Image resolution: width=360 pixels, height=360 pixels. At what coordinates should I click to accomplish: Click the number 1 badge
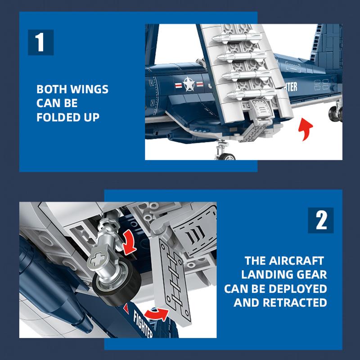(x=41, y=42)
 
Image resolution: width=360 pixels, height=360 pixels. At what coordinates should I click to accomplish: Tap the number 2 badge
(x=321, y=220)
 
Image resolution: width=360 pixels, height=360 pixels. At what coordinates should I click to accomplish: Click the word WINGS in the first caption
(x=89, y=89)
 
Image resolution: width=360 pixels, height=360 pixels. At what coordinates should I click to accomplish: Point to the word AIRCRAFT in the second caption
(x=296, y=261)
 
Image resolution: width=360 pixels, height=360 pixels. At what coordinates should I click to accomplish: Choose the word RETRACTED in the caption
(x=295, y=302)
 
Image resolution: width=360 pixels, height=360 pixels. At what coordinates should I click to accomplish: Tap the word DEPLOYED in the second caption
(x=295, y=288)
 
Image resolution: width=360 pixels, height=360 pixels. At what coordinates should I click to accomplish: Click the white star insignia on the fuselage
(x=189, y=84)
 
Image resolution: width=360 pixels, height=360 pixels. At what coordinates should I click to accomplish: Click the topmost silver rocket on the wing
(x=237, y=38)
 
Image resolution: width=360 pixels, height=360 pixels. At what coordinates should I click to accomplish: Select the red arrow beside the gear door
(x=157, y=314)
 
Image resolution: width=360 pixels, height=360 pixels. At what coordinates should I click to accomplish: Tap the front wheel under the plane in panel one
(x=227, y=157)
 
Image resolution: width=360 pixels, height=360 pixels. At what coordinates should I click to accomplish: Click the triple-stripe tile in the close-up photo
(x=195, y=234)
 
